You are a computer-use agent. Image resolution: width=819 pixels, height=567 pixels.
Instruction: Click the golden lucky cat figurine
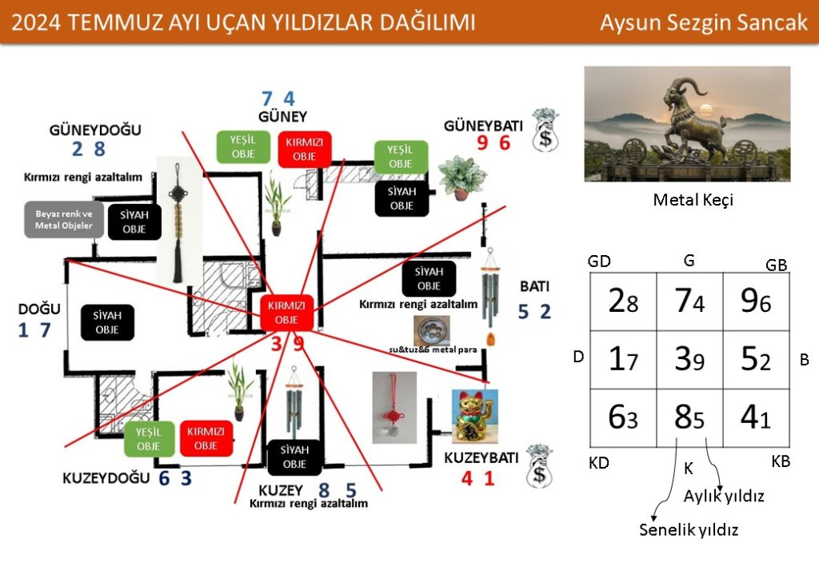474,416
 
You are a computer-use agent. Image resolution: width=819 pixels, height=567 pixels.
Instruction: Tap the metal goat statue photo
687,123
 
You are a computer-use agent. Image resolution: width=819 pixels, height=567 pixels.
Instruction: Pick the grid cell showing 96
756,303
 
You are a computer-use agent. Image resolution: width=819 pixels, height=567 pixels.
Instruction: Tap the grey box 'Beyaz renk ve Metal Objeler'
64,220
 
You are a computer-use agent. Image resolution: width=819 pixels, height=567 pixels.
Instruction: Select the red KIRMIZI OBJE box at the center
287,313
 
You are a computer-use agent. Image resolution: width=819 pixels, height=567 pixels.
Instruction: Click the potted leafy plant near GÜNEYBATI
461,177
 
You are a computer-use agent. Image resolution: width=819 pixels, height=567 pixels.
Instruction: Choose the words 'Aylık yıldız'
724,497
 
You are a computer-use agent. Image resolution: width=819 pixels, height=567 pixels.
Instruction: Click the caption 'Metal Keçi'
693,200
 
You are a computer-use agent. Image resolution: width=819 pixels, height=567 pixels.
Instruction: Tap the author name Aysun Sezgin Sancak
704,22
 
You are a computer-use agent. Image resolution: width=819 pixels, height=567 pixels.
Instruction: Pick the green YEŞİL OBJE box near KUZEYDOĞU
149,439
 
